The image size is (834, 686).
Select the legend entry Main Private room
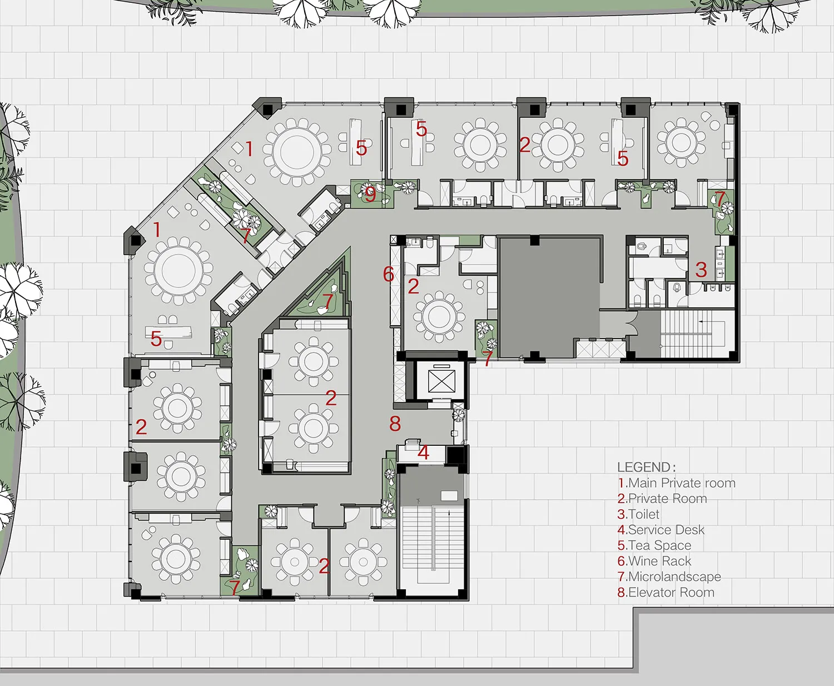click(x=677, y=483)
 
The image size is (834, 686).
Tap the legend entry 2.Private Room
click(x=662, y=499)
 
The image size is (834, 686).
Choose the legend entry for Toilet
click(x=638, y=514)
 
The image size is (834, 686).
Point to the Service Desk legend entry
click(x=661, y=530)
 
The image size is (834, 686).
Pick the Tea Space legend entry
click(x=654, y=545)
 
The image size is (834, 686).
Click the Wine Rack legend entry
click(x=654, y=561)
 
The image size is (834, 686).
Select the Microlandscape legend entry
click(x=669, y=576)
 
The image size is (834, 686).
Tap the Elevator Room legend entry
click(x=666, y=592)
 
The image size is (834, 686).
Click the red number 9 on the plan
click(x=370, y=194)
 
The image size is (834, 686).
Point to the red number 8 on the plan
click(x=395, y=424)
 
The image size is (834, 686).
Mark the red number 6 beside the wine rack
click(x=388, y=274)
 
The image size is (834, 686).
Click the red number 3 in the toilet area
click(x=701, y=270)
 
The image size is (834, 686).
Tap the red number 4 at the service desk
click(x=424, y=453)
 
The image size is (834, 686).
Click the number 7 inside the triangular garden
click(x=328, y=301)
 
